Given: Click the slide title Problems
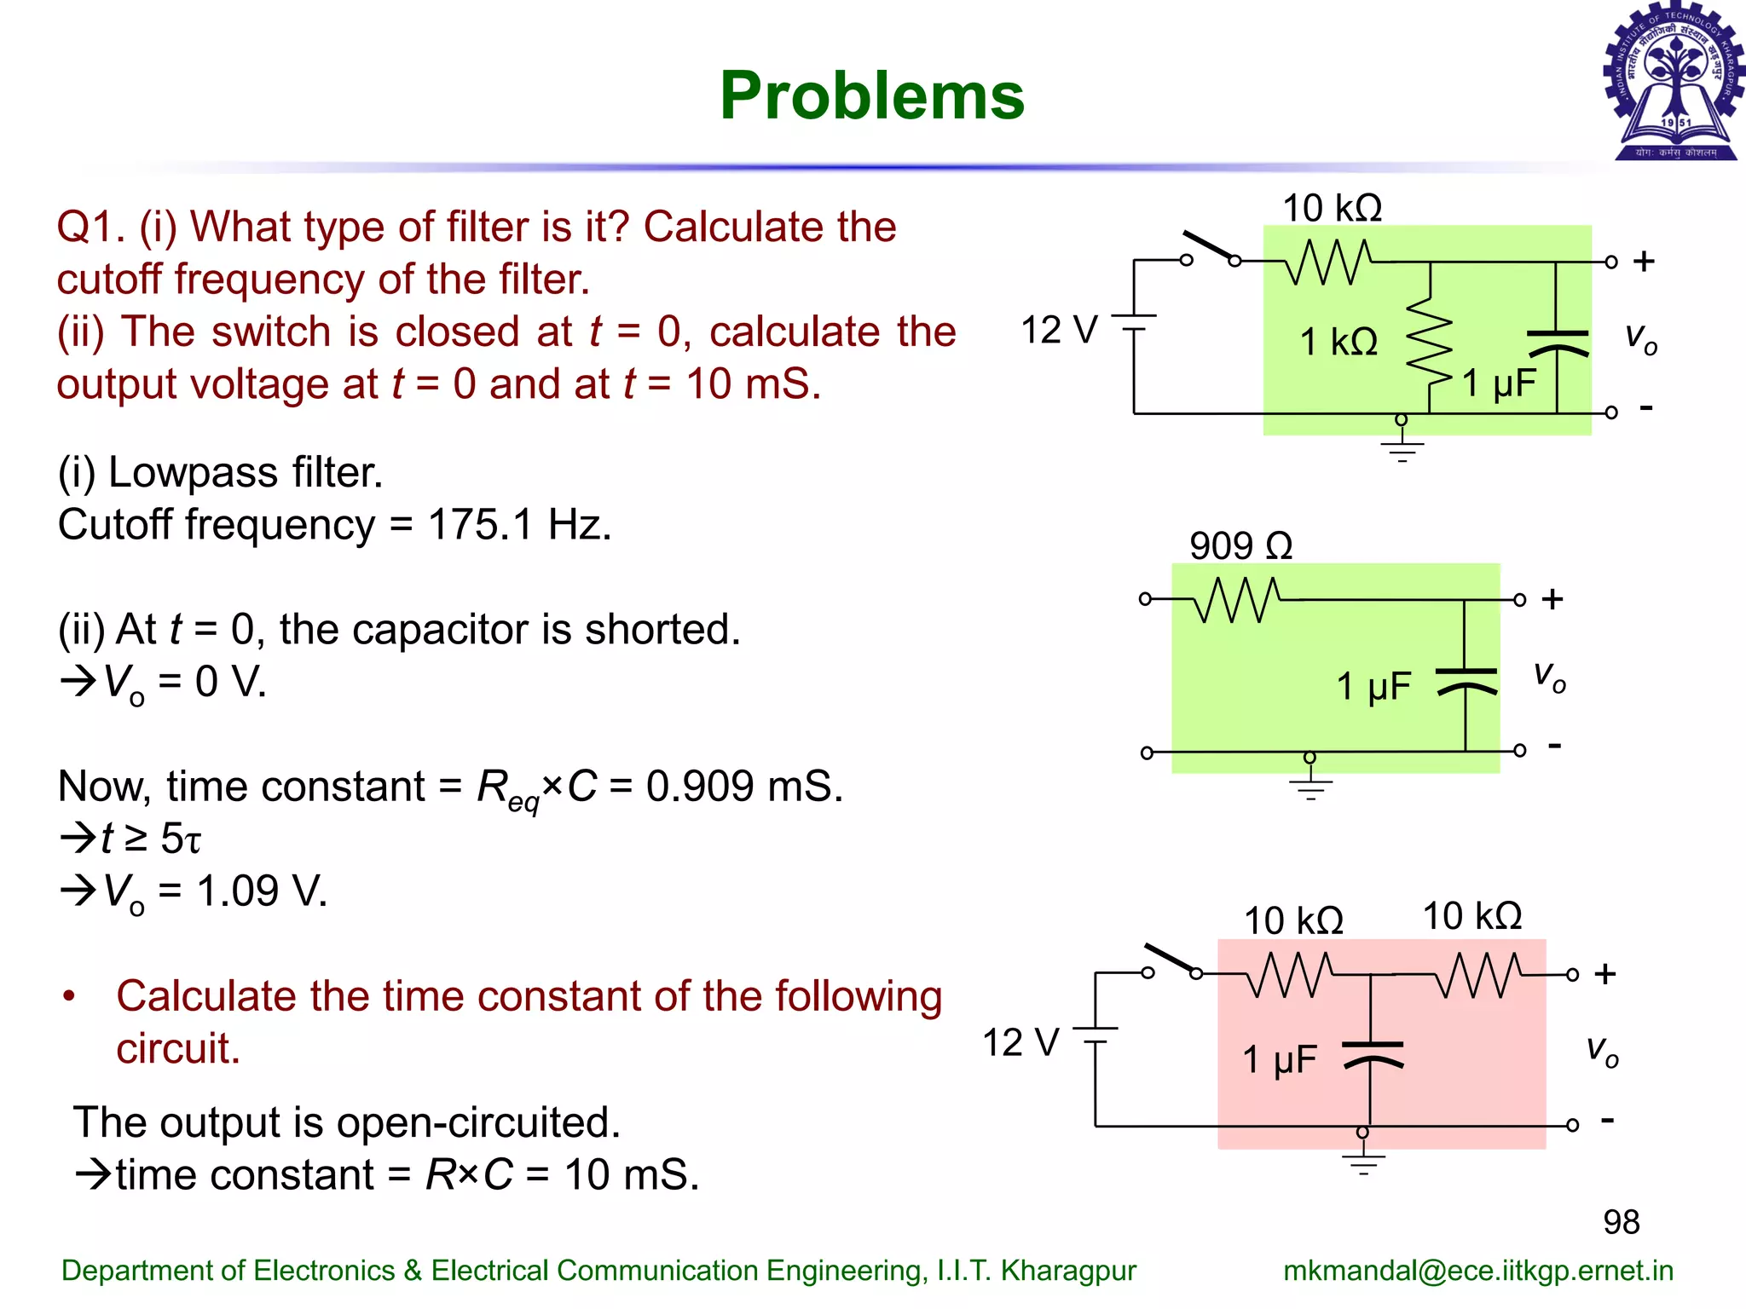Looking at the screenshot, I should click(x=871, y=95).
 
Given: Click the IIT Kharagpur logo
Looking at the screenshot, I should click(x=1674, y=83).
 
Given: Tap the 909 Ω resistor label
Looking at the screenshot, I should click(x=1240, y=545).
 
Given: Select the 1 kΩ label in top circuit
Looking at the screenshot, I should click(x=1338, y=342).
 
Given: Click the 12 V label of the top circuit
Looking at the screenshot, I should click(x=1059, y=330).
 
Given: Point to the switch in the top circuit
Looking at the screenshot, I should click(x=1211, y=248).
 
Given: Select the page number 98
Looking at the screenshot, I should click(x=1621, y=1222).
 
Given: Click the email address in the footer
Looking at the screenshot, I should click(x=1477, y=1271).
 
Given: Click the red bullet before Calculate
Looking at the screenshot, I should click(x=69, y=995).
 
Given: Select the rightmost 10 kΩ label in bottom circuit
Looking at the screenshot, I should click(x=1472, y=916).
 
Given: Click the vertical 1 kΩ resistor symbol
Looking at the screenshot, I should click(x=1430, y=342).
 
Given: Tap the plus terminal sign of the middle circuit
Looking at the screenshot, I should click(x=1552, y=599).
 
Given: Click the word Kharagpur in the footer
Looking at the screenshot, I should click(x=1067, y=1271).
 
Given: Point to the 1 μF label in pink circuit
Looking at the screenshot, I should click(x=1280, y=1060).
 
